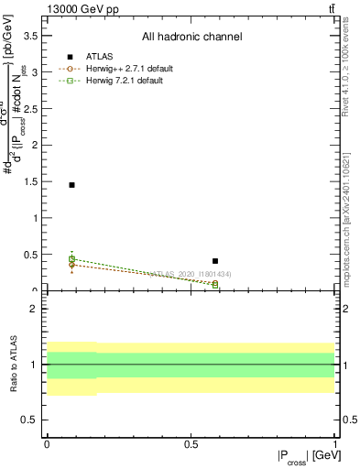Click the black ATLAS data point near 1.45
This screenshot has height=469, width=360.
(x=71, y=185)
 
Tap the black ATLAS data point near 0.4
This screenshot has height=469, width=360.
(x=215, y=261)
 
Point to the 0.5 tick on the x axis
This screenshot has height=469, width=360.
(x=191, y=444)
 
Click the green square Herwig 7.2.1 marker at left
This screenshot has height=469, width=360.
(x=71, y=259)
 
